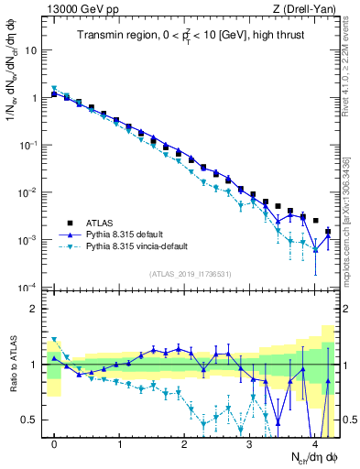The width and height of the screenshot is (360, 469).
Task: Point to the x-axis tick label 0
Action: click(x=55, y=443)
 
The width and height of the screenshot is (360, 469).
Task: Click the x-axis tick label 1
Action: click(x=120, y=443)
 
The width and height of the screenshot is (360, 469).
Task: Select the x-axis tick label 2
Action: click(x=185, y=443)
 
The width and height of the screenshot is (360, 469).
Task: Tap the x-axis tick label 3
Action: click(x=249, y=443)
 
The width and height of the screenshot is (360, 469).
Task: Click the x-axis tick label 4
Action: click(x=314, y=443)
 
